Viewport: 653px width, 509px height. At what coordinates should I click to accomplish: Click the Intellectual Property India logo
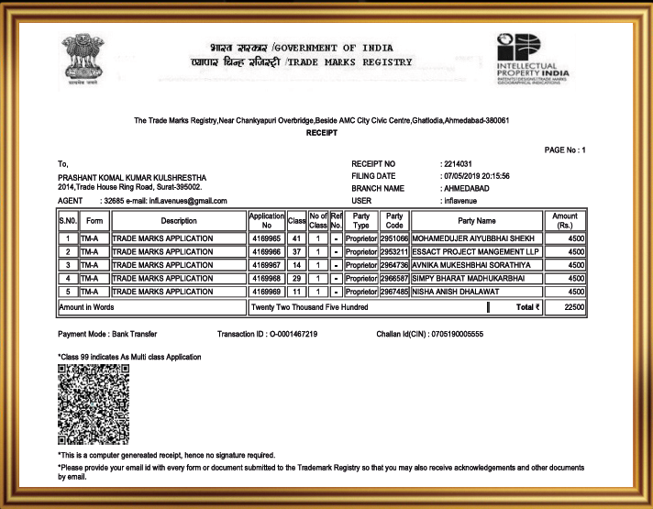[x=532, y=58]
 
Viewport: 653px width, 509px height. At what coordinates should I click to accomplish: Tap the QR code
[x=93, y=404]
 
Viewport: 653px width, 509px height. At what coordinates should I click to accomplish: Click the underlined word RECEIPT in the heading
[x=322, y=133]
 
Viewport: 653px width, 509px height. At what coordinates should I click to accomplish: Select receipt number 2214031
[x=457, y=163]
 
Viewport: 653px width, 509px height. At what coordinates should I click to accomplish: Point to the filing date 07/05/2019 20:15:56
[x=476, y=175]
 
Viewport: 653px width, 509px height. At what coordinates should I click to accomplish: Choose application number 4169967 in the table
[x=266, y=265]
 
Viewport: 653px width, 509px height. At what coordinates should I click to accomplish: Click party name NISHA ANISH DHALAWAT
[x=454, y=292]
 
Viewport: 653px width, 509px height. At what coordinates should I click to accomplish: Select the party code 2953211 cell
[x=393, y=251]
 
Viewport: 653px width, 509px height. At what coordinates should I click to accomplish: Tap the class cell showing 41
[x=296, y=238]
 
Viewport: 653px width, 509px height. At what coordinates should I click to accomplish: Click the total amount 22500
[x=574, y=307]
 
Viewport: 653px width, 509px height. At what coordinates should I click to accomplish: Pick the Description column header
[x=178, y=220]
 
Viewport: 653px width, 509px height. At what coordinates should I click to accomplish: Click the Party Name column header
[x=476, y=220]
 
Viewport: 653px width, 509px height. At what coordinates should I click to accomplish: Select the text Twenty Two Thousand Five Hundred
[x=310, y=307]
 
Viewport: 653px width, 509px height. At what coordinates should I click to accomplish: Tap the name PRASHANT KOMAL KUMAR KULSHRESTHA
[x=132, y=177]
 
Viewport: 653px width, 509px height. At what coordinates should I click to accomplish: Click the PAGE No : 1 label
[x=564, y=149]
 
